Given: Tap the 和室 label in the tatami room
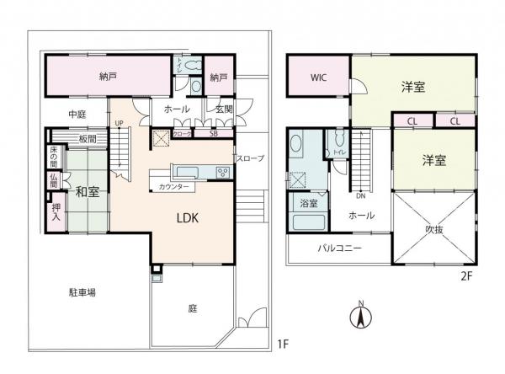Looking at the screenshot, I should click(x=87, y=191).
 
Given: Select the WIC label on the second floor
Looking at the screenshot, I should click(x=318, y=77).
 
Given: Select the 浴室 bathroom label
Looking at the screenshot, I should click(x=308, y=204).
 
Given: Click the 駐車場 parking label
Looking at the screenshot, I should click(x=82, y=292).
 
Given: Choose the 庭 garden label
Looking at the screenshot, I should click(x=192, y=308).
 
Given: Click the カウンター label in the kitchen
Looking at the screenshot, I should click(x=173, y=186).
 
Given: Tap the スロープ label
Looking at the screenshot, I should click(x=250, y=158).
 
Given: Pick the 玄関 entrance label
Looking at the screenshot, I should click(x=223, y=109).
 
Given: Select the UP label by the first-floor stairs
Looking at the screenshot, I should click(x=119, y=124).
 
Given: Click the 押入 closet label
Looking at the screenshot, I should click(x=56, y=212).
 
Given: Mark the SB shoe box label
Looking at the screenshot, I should click(x=214, y=134).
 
